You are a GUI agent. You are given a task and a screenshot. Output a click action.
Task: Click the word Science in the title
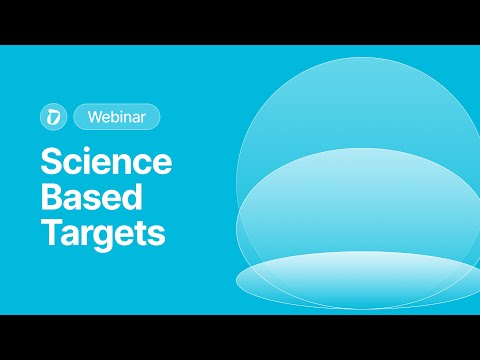pyautogui.click(x=105, y=163)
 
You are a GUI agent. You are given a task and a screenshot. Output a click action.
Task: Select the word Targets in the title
pyautogui.click(x=102, y=234)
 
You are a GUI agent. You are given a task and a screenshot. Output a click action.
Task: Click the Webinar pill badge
pyautogui.click(x=116, y=117)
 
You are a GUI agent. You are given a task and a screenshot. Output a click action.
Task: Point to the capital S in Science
pyautogui.click(x=50, y=163)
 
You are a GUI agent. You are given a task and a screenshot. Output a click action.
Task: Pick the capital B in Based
pyautogui.click(x=50, y=198)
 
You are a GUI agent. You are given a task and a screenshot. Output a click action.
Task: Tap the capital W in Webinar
pyautogui.click(x=93, y=117)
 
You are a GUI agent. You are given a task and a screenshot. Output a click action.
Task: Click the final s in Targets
pyautogui.click(x=156, y=236)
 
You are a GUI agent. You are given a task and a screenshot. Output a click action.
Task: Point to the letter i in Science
pyautogui.click(x=93, y=163)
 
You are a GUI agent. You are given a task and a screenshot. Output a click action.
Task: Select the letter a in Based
pyautogui.click(x=73, y=200)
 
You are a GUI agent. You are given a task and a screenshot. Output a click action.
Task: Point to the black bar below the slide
pyautogui.click(x=240, y=337)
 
